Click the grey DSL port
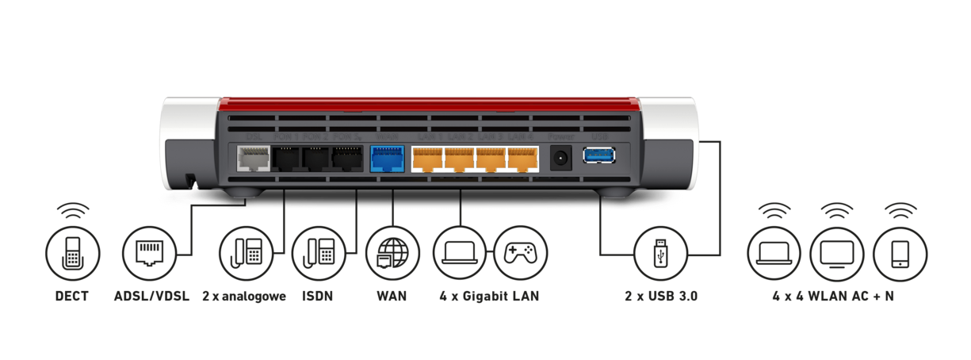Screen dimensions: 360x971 (253, 160)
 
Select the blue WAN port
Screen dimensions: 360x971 (386, 159)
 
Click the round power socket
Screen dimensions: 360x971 (561, 159)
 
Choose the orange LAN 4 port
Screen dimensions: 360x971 (522, 159)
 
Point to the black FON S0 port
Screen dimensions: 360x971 (347, 160)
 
